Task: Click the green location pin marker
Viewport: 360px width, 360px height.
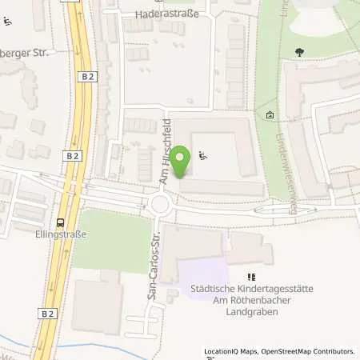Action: coord(182,163)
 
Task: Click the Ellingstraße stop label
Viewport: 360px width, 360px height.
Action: coord(61,235)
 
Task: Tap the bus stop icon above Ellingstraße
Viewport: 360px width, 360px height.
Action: coord(61,223)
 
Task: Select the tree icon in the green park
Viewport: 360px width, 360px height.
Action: coord(300,53)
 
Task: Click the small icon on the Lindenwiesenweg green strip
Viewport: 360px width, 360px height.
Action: coord(270,117)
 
